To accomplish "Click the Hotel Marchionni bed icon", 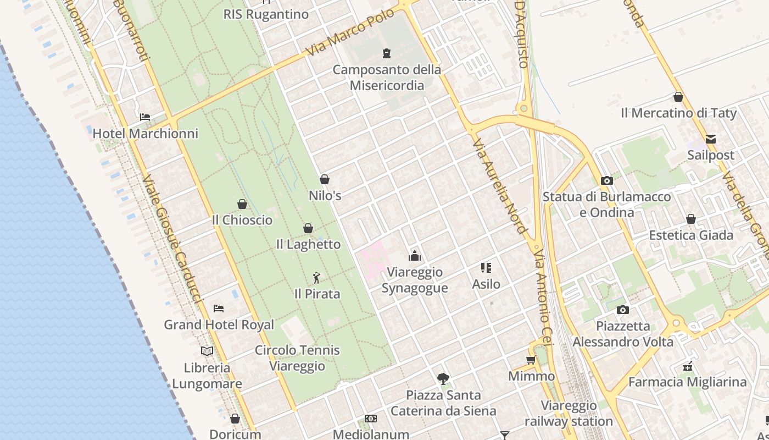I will click(x=145, y=117).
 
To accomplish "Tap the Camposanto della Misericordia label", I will click(x=387, y=78).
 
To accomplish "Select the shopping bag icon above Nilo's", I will click(x=325, y=179).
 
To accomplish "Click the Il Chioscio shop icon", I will click(x=242, y=204).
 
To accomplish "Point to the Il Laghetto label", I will click(x=308, y=244).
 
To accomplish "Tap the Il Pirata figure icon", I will click(x=316, y=278).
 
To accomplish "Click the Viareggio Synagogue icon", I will click(x=415, y=256).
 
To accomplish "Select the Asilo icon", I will click(x=486, y=268).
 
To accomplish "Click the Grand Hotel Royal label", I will click(x=219, y=324).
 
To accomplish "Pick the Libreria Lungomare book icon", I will click(x=207, y=351).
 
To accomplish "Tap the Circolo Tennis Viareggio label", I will click(x=297, y=358).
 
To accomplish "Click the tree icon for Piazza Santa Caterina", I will click(x=443, y=378).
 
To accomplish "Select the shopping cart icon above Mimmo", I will click(x=531, y=360).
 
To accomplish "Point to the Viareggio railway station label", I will click(x=569, y=414).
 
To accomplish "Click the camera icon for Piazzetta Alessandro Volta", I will click(x=622, y=310).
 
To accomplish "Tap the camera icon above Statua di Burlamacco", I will click(x=607, y=180).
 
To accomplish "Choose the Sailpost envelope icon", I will click(x=711, y=139).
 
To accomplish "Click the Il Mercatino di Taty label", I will click(x=678, y=113).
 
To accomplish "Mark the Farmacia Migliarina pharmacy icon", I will click(x=688, y=366).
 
